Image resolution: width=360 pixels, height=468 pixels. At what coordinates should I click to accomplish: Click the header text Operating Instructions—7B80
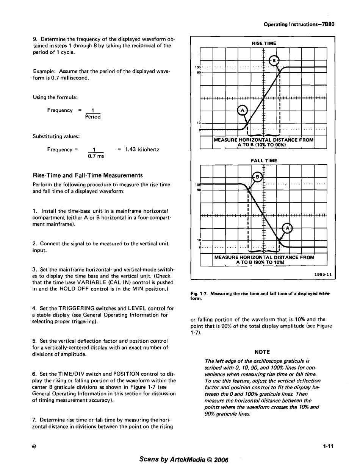pyautogui.click(x=299, y=25)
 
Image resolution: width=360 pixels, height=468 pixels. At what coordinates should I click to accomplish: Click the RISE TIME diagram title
pyautogui.click(x=264, y=43)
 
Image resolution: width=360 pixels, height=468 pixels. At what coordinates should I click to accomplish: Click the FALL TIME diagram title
pyautogui.click(x=264, y=161)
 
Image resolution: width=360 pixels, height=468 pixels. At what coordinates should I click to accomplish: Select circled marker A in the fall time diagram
pyautogui.click(x=288, y=228)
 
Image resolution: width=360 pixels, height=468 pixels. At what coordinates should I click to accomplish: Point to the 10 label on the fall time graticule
pyautogui.click(x=198, y=240)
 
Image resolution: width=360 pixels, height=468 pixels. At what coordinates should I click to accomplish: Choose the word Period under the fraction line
pyautogui.click(x=93, y=117)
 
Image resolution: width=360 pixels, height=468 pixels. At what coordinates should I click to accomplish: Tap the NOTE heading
pyautogui.click(x=262, y=352)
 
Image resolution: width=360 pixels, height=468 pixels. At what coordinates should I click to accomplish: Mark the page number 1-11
pyautogui.click(x=328, y=446)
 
